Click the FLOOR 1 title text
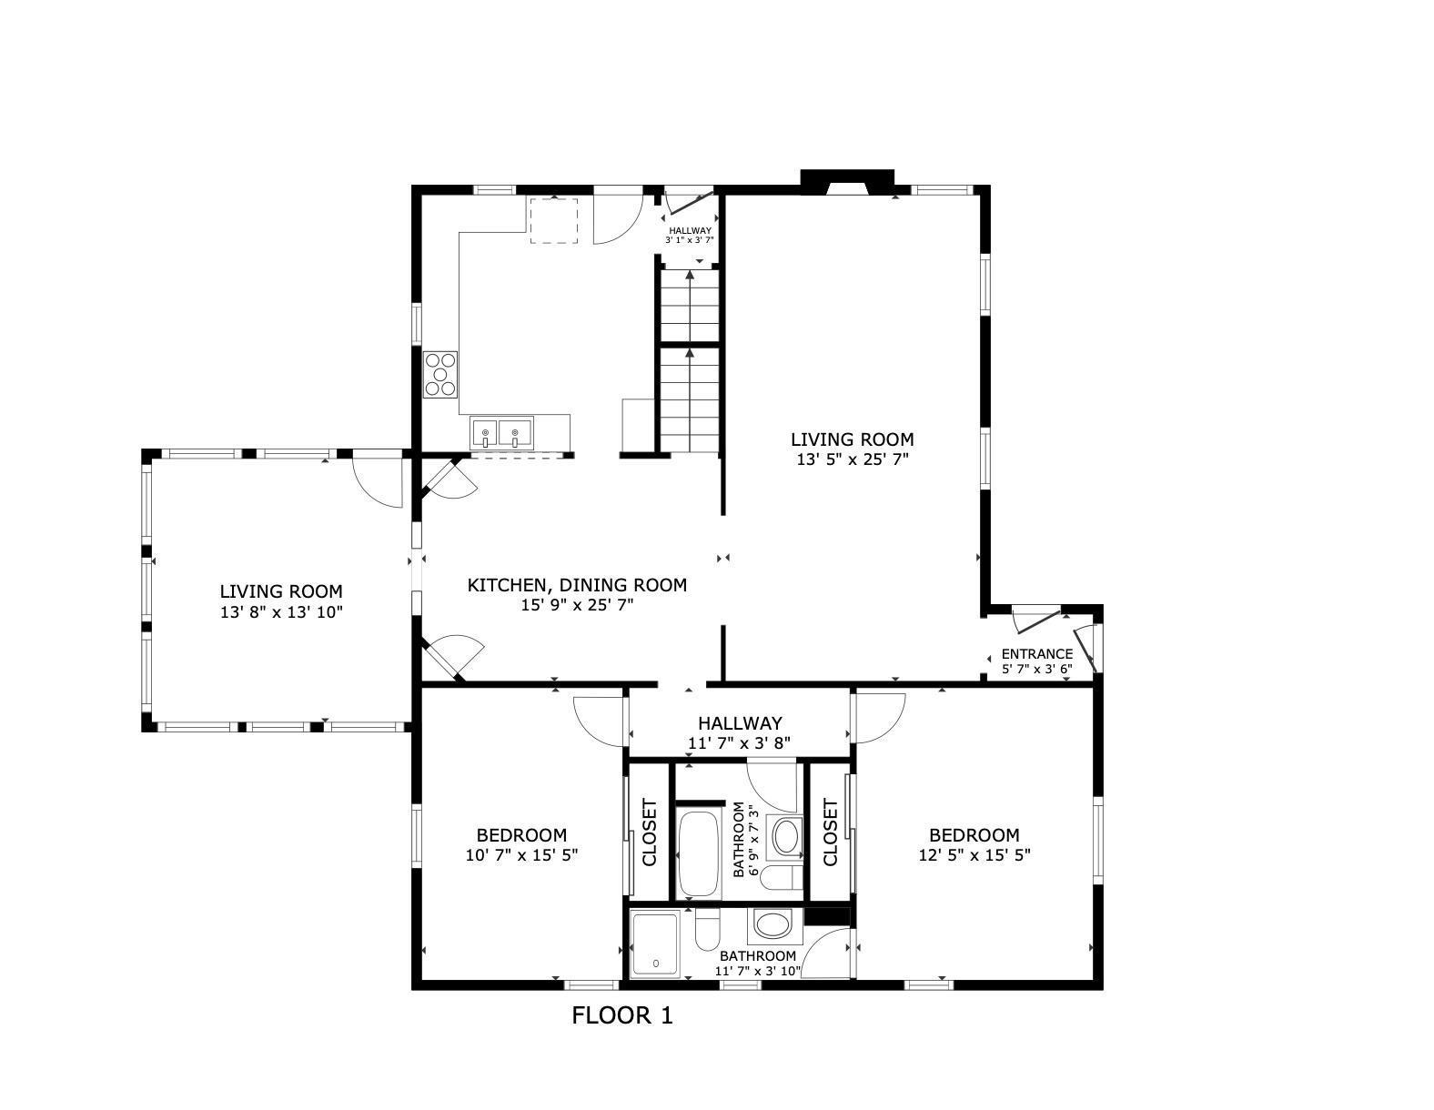621,1015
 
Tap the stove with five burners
440,374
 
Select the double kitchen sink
501,432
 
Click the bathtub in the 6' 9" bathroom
699,854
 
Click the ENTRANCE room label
1036,653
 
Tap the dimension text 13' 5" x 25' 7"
852,460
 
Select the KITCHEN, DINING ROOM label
577,585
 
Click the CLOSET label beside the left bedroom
650,832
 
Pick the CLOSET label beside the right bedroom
830,832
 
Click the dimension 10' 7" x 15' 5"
521,855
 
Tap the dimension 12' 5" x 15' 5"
974,855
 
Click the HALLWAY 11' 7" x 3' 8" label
739,732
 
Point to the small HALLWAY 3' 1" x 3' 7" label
690,235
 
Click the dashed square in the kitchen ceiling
554,221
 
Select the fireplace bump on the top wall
847,180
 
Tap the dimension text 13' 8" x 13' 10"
280,612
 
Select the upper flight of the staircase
690,307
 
